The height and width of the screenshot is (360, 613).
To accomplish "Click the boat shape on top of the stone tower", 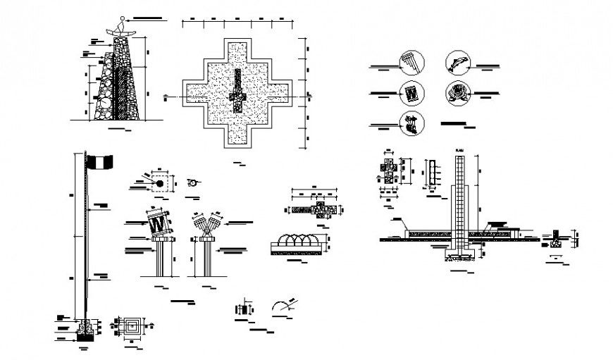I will pyautogui.click(x=121, y=30).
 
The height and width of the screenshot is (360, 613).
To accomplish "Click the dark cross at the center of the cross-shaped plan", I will pyautogui.click(x=237, y=92).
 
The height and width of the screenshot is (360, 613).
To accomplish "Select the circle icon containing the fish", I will pyautogui.click(x=456, y=63).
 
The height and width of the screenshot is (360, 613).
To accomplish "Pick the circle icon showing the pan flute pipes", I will pyautogui.click(x=410, y=62).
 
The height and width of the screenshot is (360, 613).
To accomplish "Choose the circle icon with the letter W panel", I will pyautogui.click(x=410, y=92).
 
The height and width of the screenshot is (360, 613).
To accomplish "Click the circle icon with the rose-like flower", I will pyautogui.click(x=456, y=93).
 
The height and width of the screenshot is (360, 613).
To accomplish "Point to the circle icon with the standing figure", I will pyautogui.click(x=411, y=123).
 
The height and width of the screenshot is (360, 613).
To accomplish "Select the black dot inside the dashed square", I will pyautogui.click(x=160, y=184).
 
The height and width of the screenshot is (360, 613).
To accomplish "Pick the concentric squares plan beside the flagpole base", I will pyautogui.click(x=132, y=326).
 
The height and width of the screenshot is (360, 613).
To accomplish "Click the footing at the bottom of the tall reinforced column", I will pyautogui.click(x=462, y=252).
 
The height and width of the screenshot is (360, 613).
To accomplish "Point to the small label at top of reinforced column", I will pyautogui.click(x=461, y=150).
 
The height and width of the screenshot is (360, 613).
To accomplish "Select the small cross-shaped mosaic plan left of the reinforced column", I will pyautogui.click(x=389, y=170).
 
